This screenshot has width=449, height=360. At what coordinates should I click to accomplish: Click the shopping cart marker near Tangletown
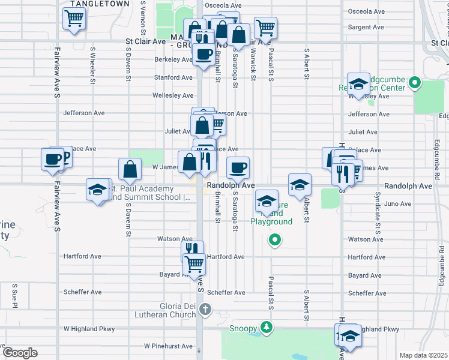(74, 19)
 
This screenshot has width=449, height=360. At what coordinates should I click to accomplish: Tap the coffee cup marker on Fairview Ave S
(52, 160)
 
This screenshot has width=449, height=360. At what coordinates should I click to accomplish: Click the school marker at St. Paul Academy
(97, 190)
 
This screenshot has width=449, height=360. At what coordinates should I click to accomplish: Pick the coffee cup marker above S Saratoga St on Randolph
(238, 168)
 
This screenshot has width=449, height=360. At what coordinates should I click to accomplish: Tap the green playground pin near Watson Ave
(275, 241)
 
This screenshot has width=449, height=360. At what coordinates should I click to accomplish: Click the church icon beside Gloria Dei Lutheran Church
(205, 310)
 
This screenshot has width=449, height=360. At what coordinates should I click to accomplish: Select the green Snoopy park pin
(265, 328)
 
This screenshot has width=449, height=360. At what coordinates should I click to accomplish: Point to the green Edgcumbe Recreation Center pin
(414, 83)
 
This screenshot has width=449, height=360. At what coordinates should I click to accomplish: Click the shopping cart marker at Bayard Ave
(194, 264)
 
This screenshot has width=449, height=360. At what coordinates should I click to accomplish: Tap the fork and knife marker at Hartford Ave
(192, 250)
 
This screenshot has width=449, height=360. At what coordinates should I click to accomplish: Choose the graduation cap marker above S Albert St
(300, 185)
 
